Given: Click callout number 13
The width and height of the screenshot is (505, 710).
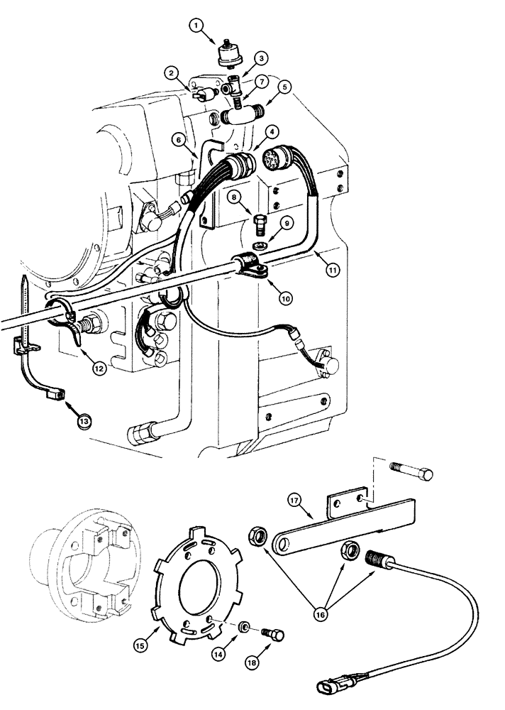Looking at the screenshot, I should (84, 420).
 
